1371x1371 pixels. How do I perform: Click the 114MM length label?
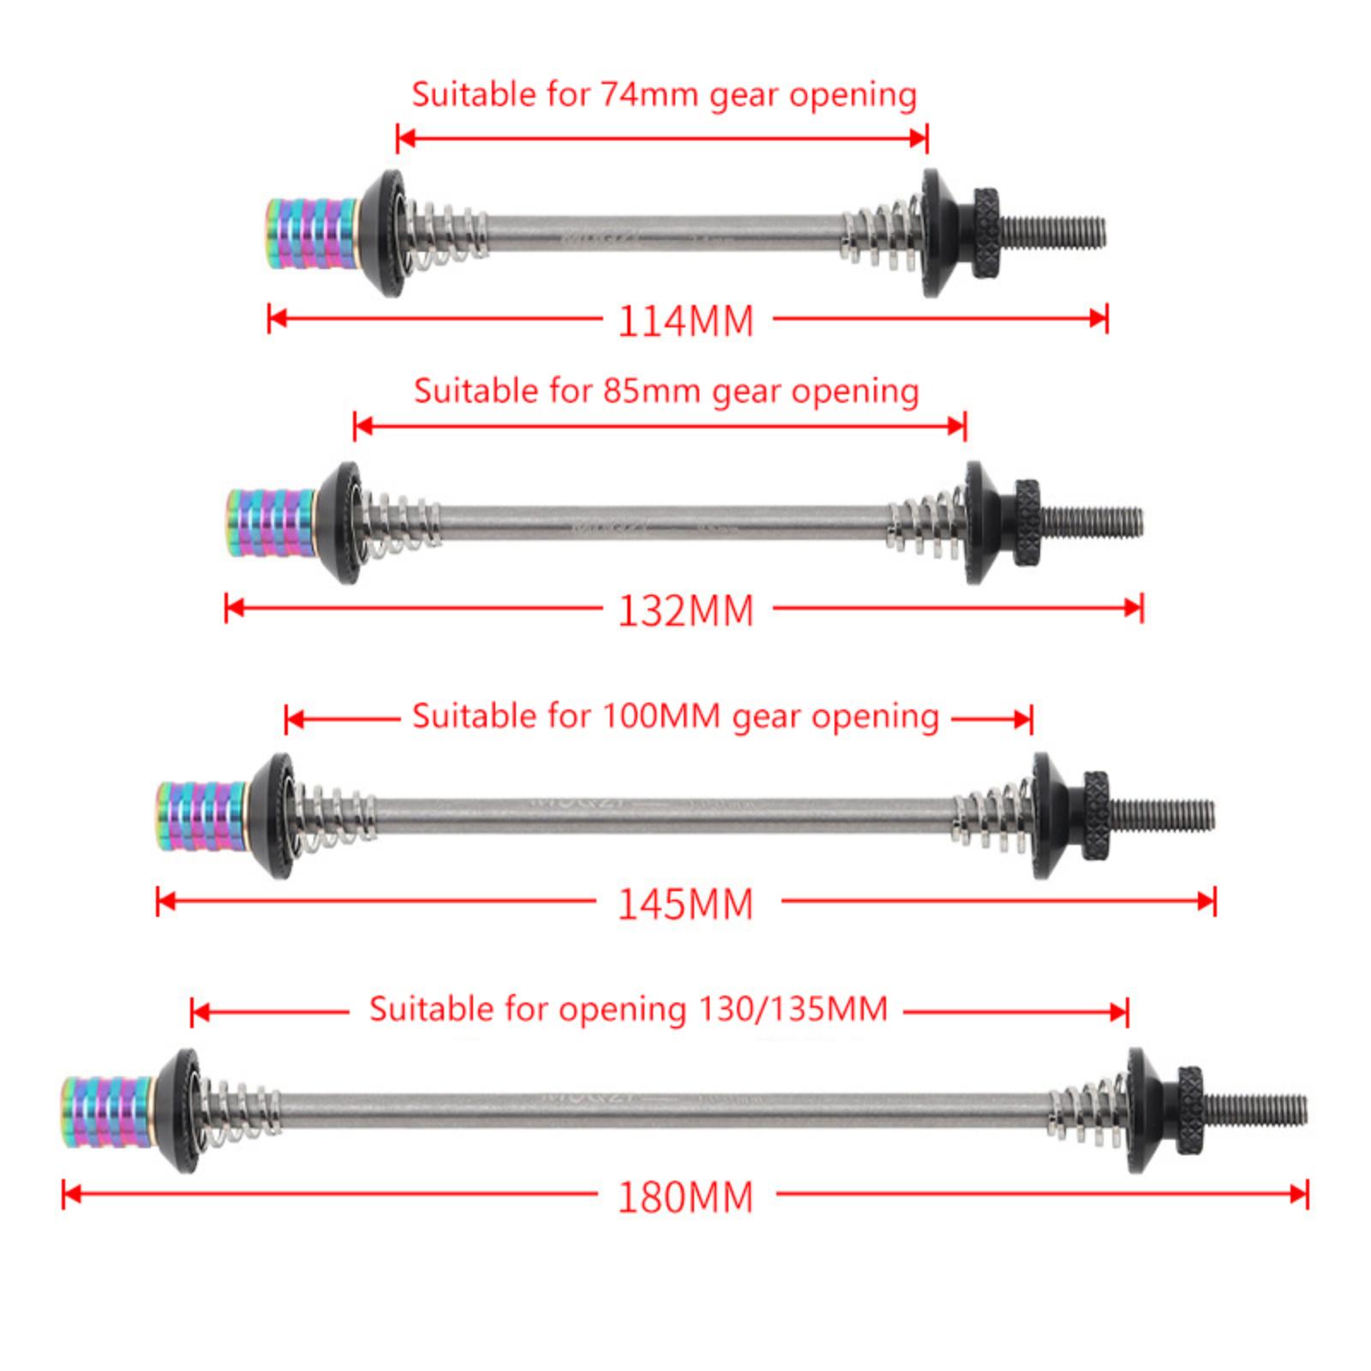[685, 321]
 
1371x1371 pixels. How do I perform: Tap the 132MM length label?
[685, 611]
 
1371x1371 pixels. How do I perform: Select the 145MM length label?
[685, 904]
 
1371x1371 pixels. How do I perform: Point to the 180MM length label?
[685, 1197]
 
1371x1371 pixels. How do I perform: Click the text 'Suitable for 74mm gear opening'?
[664, 94]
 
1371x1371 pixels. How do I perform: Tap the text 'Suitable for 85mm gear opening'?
[667, 391]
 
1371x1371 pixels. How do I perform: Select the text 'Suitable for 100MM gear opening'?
[675, 715]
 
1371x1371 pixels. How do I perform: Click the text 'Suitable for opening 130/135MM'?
[628, 1009]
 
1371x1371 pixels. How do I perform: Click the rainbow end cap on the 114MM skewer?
[312, 233]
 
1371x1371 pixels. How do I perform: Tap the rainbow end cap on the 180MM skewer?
[106, 1112]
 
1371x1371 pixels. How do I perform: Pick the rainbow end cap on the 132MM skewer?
[272, 523]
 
